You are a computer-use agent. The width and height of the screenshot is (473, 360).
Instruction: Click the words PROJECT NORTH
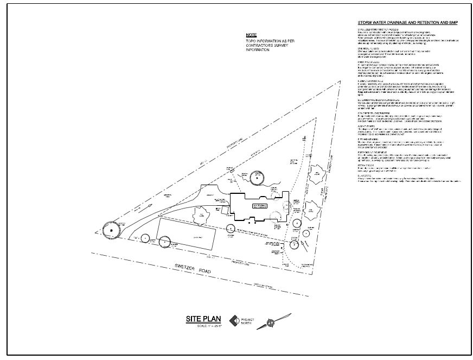click(247, 321)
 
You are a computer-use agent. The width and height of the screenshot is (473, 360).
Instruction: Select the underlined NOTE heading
click(251, 35)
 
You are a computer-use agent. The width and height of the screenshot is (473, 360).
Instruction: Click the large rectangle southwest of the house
click(186, 234)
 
